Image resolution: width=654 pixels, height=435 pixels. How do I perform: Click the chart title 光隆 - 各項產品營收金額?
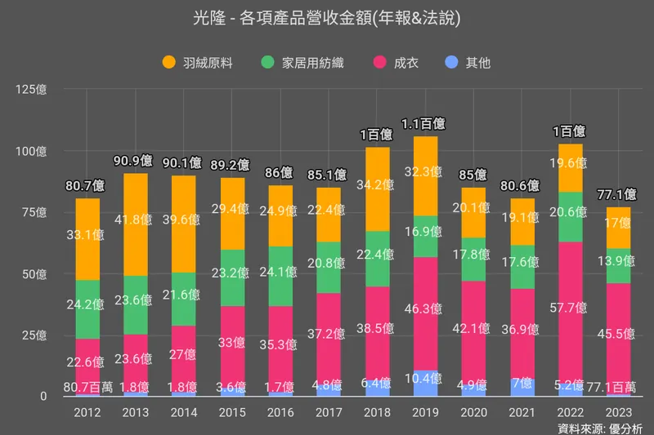point(327,18)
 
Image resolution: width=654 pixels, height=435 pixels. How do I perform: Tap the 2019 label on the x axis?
point(426,413)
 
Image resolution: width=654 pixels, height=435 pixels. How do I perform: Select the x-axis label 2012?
point(87,413)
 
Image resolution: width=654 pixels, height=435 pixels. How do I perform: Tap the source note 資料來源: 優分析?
point(600,428)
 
